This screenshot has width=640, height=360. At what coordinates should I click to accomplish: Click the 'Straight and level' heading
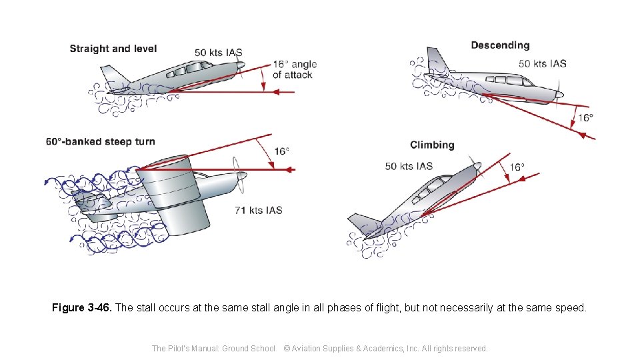point(113,49)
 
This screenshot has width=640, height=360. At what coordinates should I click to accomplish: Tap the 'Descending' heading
point(500,45)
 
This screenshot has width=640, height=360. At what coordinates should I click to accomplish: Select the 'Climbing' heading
point(432,145)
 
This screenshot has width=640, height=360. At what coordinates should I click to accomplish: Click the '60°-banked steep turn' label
point(101,141)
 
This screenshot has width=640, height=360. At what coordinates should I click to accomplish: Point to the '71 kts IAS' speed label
point(259,210)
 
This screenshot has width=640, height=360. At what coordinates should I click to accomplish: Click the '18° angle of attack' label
point(295,69)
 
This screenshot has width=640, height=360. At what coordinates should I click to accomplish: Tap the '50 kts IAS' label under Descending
point(543,63)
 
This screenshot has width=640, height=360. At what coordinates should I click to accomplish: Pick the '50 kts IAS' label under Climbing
point(409,166)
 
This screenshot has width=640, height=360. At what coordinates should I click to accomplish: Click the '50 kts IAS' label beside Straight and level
point(219,52)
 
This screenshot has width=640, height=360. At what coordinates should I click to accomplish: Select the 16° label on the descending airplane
point(585,117)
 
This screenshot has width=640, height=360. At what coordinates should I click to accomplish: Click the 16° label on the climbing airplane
point(517,167)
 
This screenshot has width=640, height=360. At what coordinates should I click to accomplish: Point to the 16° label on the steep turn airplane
point(281,151)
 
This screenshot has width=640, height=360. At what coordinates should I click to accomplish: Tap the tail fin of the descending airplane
point(437,60)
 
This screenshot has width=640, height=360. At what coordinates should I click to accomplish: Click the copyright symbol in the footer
point(287,348)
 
